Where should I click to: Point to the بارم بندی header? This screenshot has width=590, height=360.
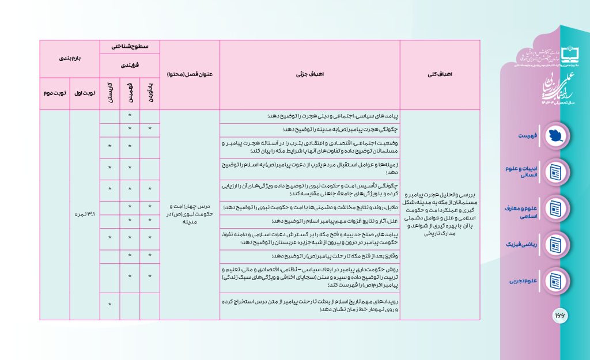[x=70, y=58]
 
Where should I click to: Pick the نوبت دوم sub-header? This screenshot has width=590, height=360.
[x=55, y=92]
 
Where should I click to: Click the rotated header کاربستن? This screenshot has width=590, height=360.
[x=109, y=92]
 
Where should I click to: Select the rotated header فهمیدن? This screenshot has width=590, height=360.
[x=130, y=92]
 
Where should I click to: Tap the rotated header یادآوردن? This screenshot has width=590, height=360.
[x=150, y=92]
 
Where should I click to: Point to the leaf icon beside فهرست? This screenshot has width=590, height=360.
[x=555, y=134]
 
